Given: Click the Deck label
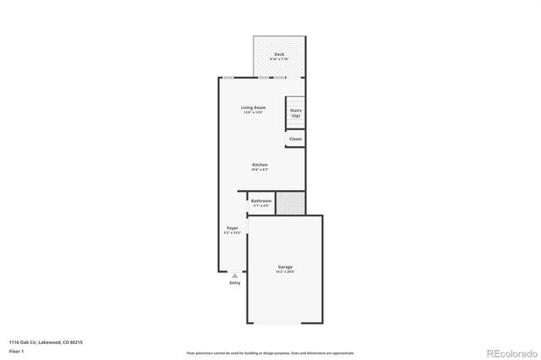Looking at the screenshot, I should tap(279, 54).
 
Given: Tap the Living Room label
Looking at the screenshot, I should tap(254, 107).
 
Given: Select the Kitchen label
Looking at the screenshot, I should tap(260, 164).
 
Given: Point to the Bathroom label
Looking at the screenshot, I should tap(261, 200).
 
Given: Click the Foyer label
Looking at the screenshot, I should tap(232, 229).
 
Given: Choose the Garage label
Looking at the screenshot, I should tap(285, 267).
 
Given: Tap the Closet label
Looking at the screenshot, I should tap(295, 139).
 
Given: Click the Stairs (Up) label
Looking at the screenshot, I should tap(296, 112).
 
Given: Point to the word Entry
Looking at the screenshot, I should tap(235, 282).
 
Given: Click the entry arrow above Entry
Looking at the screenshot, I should tap(235, 275).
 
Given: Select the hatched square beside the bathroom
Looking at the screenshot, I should tap(290, 203).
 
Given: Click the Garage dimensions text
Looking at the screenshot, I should tap(285, 272).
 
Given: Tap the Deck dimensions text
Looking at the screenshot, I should tap(279, 59).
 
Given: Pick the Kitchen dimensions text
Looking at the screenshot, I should tap(260, 169).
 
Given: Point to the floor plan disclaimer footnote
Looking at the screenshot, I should tap(270, 353).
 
